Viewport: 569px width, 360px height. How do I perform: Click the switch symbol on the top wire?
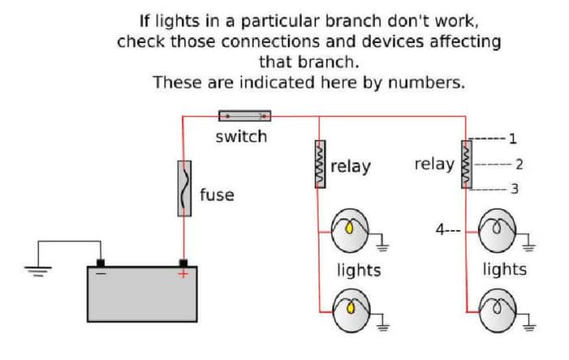(245, 116)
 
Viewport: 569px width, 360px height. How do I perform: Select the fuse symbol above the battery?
(185, 189)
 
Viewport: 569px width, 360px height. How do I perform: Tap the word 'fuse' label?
(216, 195)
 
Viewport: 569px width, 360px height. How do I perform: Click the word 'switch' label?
(241, 137)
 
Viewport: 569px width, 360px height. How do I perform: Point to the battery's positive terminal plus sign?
(184, 274)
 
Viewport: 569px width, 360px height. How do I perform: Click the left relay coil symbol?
(320, 165)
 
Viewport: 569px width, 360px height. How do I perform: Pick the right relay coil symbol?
(466, 165)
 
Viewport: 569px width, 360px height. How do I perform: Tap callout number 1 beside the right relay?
(512, 138)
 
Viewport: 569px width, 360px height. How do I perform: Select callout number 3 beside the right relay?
(514, 190)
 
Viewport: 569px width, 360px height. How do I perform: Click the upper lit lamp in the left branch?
(352, 229)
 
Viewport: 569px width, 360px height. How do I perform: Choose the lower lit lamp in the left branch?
(352, 308)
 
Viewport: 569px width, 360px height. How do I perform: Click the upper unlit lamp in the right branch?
(497, 229)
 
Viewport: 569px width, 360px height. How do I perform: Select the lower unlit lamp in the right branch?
(497, 310)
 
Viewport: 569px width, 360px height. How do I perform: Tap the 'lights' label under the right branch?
(504, 269)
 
